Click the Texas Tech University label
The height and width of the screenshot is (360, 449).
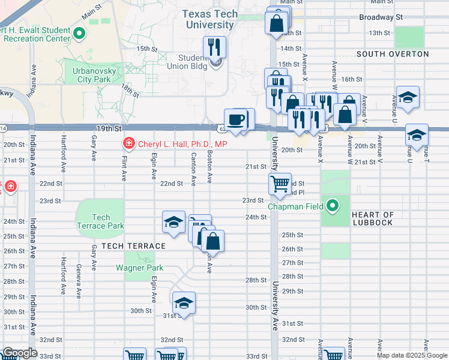pyautogui.click(x=209, y=20)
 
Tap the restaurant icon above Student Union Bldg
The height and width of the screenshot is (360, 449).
pyautogui.click(x=214, y=47)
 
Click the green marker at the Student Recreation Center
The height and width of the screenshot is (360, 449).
pyautogui.click(x=79, y=34)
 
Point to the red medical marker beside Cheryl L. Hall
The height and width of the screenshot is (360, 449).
pyautogui.click(x=128, y=144)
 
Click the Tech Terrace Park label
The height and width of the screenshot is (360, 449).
pyautogui.click(x=101, y=221)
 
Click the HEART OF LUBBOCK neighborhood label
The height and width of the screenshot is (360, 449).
pyautogui.click(x=372, y=219)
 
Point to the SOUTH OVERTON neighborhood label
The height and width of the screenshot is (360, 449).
pyautogui.click(x=393, y=54)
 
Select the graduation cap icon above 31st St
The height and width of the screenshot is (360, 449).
pyautogui.click(x=184, y=302)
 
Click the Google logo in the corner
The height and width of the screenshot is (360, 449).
pyautogui.click(x=19, y=353)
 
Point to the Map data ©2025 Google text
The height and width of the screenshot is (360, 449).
pyautogui.click(x=411, y=355)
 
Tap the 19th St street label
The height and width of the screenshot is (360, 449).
pyautogui.click(x=109, y=128)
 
